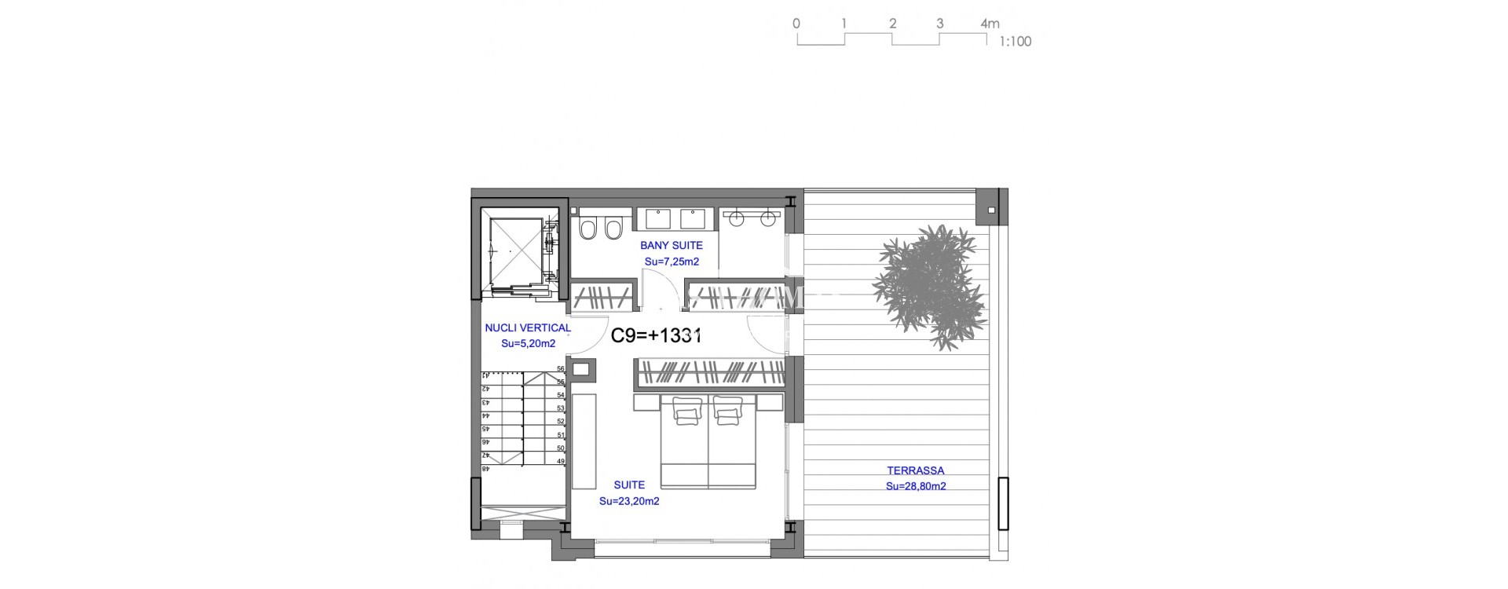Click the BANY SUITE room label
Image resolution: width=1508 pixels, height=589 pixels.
pyautogui.click(x=671, y=246)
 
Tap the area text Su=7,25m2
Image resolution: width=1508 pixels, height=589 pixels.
pyautogui.click(x=672, y=262)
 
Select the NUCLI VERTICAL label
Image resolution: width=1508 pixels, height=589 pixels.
pyautogui.click(x=528, y=328)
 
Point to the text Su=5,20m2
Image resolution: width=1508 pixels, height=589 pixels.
pyautogui.click(x=528, y=344)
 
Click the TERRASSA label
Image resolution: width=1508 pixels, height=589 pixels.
pyautogui.click(x=915, y=471)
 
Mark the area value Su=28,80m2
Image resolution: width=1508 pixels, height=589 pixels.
pyautogui.click(x=915, y=487)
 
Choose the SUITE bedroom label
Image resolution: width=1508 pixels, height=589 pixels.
pyautogui.click(x=629, y=485)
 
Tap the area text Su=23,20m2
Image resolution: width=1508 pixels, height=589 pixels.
pyautogui.click(x=629, y=501)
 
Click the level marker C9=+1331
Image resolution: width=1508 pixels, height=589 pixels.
pyautogui.click(x=656, y=335)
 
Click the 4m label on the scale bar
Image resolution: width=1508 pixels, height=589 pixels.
pyautogui.click(x=990, y=24)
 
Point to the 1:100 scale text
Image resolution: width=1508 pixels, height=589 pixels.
pyautogui.click(x=1015, y=42)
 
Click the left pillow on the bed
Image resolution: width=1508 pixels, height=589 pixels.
pyautogui.click(x=688, y=411)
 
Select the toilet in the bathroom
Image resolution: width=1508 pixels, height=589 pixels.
pyautogui.click(x=587, y=229)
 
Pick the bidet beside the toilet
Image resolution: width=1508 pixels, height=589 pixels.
pyautogui.click(x=613, y=229)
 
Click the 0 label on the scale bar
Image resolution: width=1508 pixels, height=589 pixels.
pyautogui.click(x=796, y=24)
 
